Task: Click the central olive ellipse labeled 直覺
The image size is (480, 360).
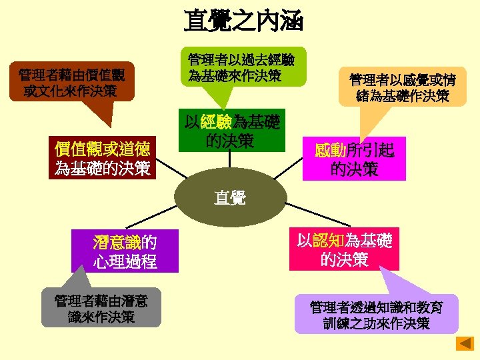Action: point(229,197)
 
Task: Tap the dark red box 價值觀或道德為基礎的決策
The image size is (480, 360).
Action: point(103,158)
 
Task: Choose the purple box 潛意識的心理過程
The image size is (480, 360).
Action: point(125,251)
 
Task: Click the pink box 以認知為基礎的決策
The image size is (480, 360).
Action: point(344,250)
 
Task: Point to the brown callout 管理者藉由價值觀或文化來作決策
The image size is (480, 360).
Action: point(75,82)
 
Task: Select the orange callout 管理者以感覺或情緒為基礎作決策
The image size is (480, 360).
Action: point(402,88)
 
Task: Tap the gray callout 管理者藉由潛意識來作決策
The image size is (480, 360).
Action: point(101,308)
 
